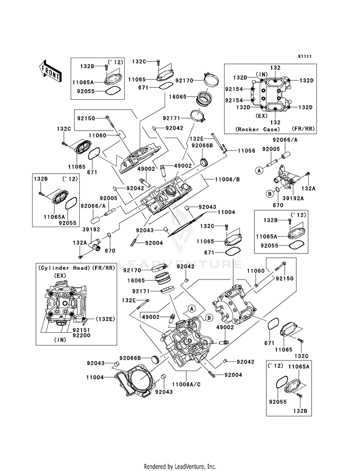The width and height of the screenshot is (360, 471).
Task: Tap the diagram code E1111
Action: tap(305, 57)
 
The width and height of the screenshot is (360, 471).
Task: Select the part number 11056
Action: tap(246, 151)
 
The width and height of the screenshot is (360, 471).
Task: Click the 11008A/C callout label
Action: tap(186, 384)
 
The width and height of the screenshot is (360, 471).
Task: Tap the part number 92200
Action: tap(81, 335)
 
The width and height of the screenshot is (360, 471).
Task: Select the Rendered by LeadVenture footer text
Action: tap(180, 467)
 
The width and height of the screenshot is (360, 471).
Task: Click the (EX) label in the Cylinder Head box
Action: tap(60, 276)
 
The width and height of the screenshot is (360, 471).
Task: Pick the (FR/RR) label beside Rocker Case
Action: tap(303, 129)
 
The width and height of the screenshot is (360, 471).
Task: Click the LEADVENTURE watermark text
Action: tap(180, 264)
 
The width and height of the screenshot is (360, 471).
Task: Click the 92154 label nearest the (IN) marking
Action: tap(234, 89)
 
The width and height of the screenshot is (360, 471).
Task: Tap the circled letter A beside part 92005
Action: tap(259, 170)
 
